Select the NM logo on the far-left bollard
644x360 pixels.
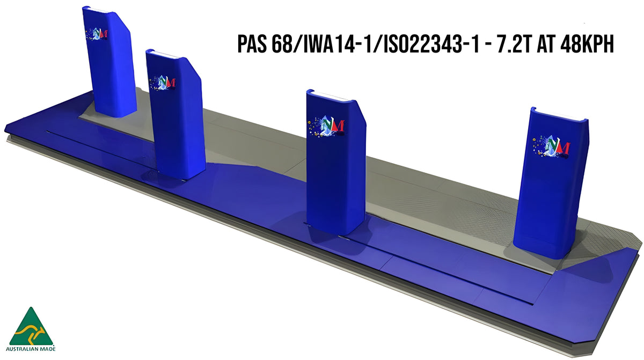click(x=97, y=33)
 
